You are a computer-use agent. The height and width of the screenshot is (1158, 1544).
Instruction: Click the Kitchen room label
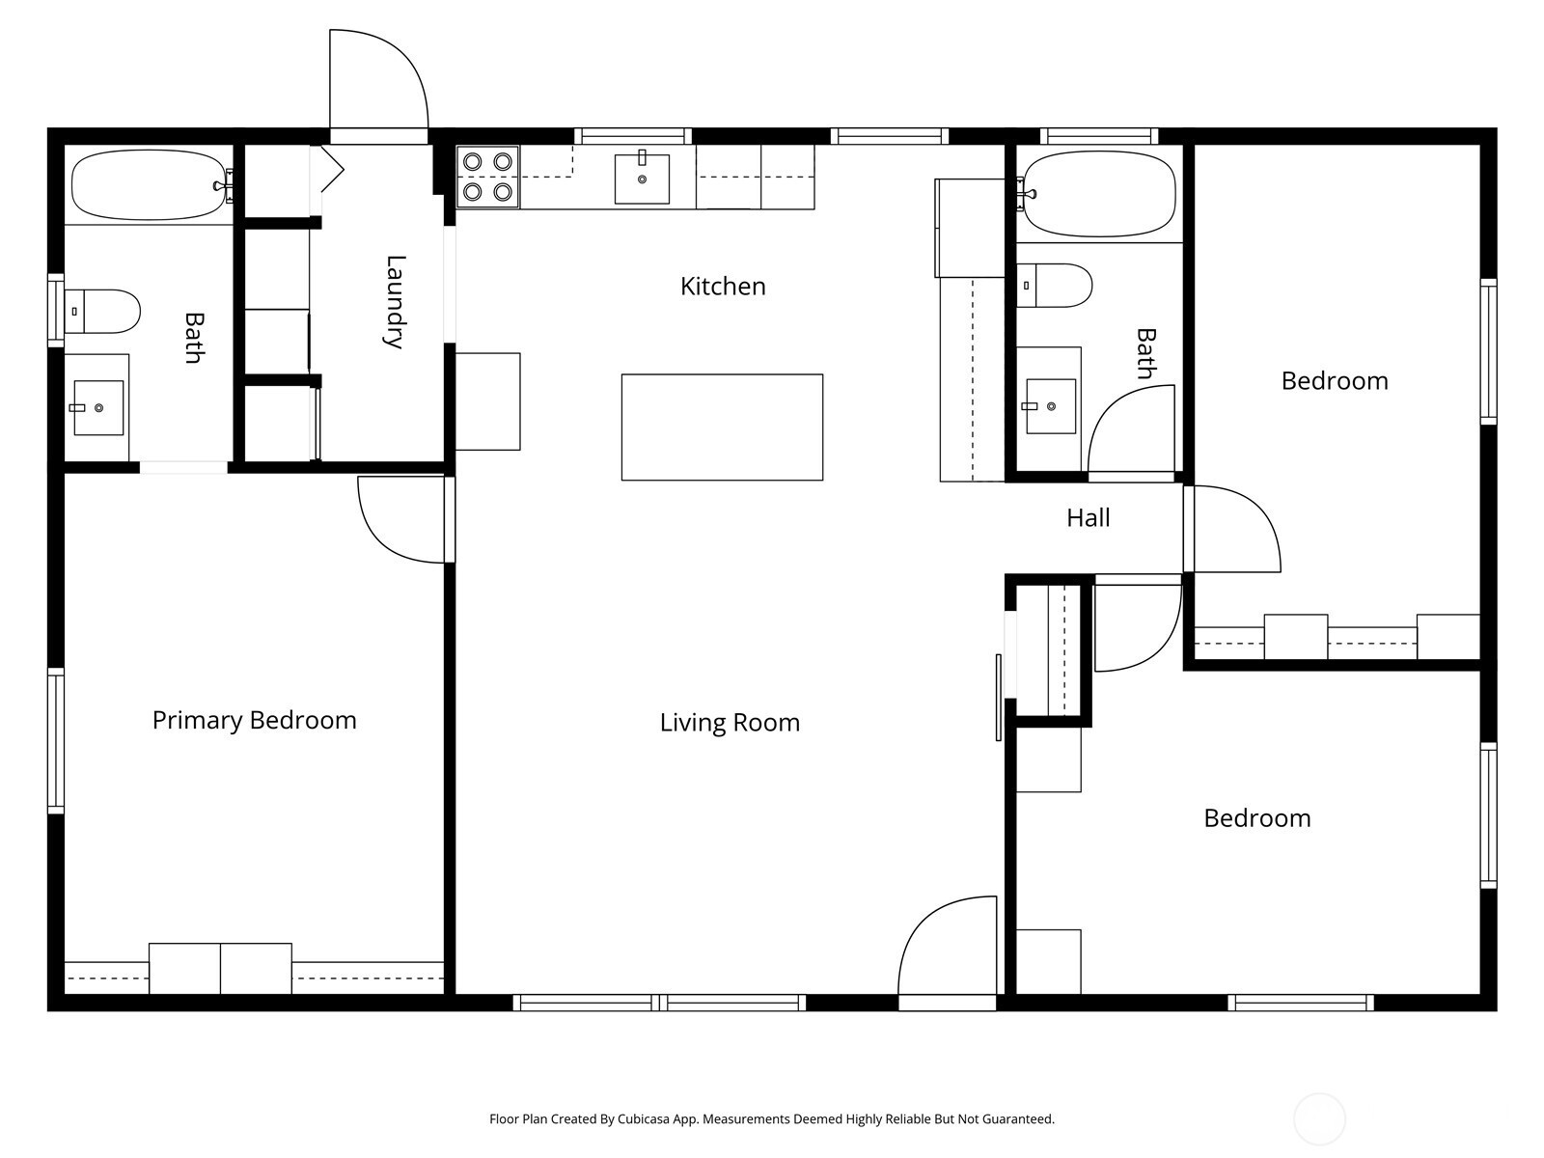tap(723, 287)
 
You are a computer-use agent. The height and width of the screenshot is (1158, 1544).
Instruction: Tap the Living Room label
tap(730, 723)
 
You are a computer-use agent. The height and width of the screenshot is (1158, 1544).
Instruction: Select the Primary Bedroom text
tap(254, 721)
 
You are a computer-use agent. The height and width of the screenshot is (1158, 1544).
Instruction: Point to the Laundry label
tap(396, 302)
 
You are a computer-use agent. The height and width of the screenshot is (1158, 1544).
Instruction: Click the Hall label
tap(1088, 518)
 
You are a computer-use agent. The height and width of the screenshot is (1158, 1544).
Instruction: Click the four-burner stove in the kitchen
tap(487, 177)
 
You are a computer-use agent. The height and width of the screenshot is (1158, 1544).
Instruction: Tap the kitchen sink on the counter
tap(642, 178)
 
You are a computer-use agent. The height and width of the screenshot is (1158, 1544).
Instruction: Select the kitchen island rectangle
tap(722, 427)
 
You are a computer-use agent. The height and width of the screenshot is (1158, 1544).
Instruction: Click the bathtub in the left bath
tap(150, 185)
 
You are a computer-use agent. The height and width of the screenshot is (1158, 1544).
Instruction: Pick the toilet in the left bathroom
tap(102, 312)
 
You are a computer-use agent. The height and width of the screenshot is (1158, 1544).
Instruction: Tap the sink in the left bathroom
tap(97, 408)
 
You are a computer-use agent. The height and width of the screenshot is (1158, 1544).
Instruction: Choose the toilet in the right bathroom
tap(1054, 286)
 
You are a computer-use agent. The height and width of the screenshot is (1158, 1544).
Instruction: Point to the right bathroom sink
tap(1050, 406)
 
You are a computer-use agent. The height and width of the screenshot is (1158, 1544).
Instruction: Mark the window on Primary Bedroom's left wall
tap(56, 741)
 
